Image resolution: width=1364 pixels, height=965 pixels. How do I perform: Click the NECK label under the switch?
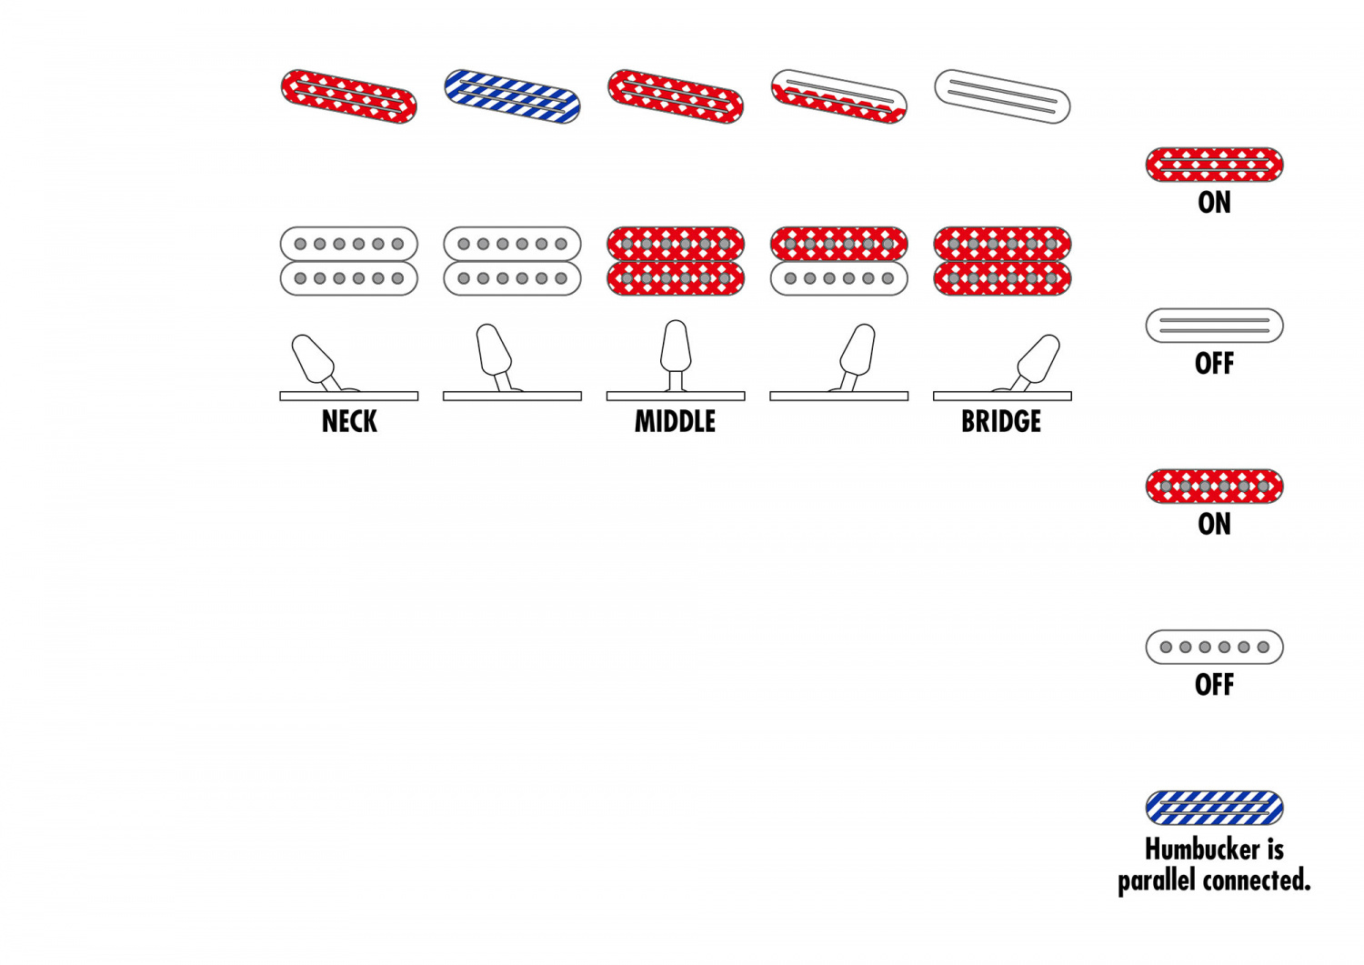coord(349,422)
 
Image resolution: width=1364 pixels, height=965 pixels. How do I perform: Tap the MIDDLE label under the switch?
coord(675,422)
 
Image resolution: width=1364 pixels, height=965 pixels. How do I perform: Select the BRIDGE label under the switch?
coord(1001,422)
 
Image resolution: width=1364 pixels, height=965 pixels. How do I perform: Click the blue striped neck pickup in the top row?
coord(512,96)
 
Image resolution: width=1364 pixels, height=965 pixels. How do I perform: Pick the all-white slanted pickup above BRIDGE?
coord(1002,96)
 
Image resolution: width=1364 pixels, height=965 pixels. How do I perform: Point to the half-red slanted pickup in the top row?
coord(838,96)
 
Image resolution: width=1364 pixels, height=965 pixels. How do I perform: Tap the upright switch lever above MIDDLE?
coord(676,348)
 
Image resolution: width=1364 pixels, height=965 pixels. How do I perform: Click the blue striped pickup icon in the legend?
coord(1214,808)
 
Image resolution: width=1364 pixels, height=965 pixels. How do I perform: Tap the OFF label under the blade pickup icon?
coord(1214,364)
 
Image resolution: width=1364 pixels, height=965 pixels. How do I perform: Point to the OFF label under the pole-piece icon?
coord(1214,685)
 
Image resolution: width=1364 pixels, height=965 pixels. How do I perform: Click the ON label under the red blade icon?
coord(1214,203)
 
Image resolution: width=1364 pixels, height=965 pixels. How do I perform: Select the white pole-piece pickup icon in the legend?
coord(1214,647)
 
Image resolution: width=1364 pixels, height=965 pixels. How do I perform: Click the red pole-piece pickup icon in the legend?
coord(1214,487)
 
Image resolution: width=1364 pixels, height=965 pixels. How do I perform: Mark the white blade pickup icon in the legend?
coord(1214,326)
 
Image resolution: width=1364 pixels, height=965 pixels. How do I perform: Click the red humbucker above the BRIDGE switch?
coord(1002,261)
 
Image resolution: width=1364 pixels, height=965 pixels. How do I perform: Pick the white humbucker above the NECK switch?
coord(349,261)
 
